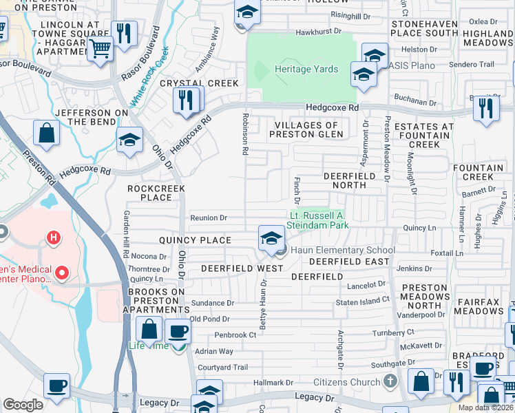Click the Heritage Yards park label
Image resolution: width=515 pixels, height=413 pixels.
click(x=306, y=70)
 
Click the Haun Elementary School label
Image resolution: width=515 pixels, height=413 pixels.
click(x=341, y=250)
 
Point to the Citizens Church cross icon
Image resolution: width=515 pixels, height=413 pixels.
click(x=390, y=381)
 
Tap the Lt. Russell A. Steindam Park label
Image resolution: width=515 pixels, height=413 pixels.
click(x=315, y=219)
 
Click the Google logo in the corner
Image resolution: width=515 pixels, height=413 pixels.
click(x=23, y=404)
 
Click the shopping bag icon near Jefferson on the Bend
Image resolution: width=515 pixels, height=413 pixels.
click(x=47, y=134)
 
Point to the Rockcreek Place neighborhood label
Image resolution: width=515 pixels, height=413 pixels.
click(x=150, y=192)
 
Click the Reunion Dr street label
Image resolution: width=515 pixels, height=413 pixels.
click(x=209, y=218)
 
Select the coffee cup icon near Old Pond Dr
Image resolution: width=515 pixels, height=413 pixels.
click(x=179, y=331)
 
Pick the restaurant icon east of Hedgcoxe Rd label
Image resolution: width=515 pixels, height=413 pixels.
click(x=487, y=108)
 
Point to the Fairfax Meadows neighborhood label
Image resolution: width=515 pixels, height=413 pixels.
click(x=482, y=306)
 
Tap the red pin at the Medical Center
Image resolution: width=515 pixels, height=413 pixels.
click(x=62, y=273)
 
